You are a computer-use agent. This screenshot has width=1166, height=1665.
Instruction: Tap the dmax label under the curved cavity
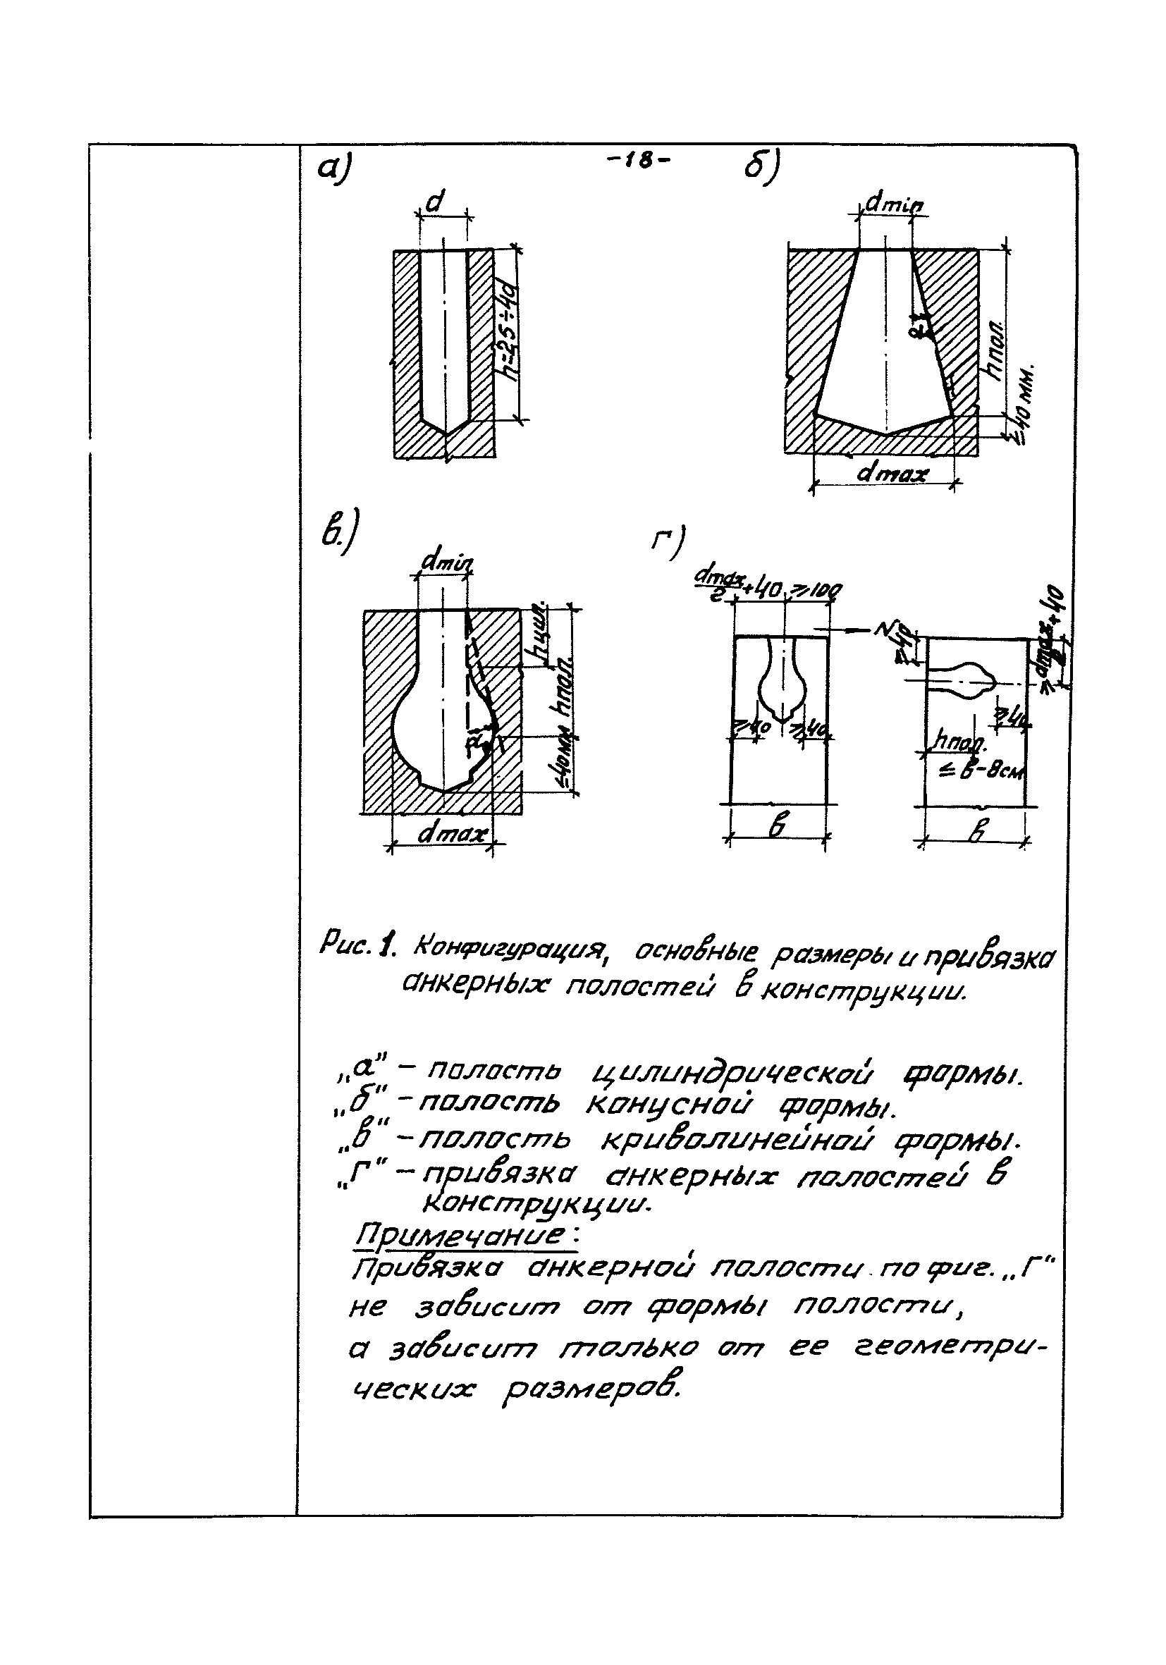click(x=451, y=835)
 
